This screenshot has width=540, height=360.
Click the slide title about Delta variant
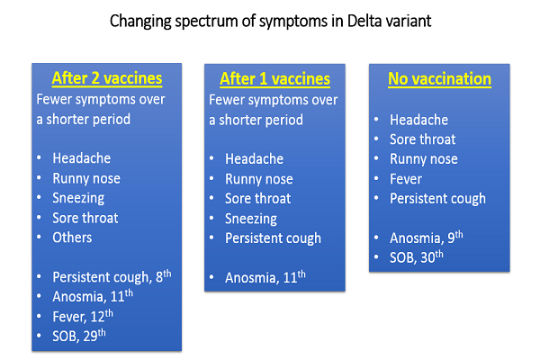click(270, 22)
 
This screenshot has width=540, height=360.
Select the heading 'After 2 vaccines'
click(107, 78)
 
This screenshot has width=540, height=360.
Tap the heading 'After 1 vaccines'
click(274, 79)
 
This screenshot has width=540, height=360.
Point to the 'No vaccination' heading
click(439, 79)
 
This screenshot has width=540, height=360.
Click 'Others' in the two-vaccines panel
click(72, 238)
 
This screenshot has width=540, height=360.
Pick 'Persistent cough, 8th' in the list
click(112, 276)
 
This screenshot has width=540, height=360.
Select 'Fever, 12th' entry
click(83, 316)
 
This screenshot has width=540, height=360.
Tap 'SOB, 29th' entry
click(79, 336)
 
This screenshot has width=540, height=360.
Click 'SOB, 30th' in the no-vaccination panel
click(417, 257)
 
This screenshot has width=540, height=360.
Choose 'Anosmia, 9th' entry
click(427, 238)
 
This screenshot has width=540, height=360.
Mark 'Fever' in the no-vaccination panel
click(406, 179)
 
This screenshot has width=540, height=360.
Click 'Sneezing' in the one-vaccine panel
click(251, 219)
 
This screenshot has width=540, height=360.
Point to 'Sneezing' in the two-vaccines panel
click(78, 198)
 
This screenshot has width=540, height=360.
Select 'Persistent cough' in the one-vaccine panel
click(273, 238)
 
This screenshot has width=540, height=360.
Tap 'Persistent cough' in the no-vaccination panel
click(437, 199)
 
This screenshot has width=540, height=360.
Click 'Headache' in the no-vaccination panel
click(419, 120)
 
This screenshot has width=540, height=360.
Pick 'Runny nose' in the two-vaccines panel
click(86, 178)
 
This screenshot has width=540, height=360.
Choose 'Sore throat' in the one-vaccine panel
click(258, 199)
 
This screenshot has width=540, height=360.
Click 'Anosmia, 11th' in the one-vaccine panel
click(265, 277)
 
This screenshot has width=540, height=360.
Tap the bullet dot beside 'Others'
click(39, 238)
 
